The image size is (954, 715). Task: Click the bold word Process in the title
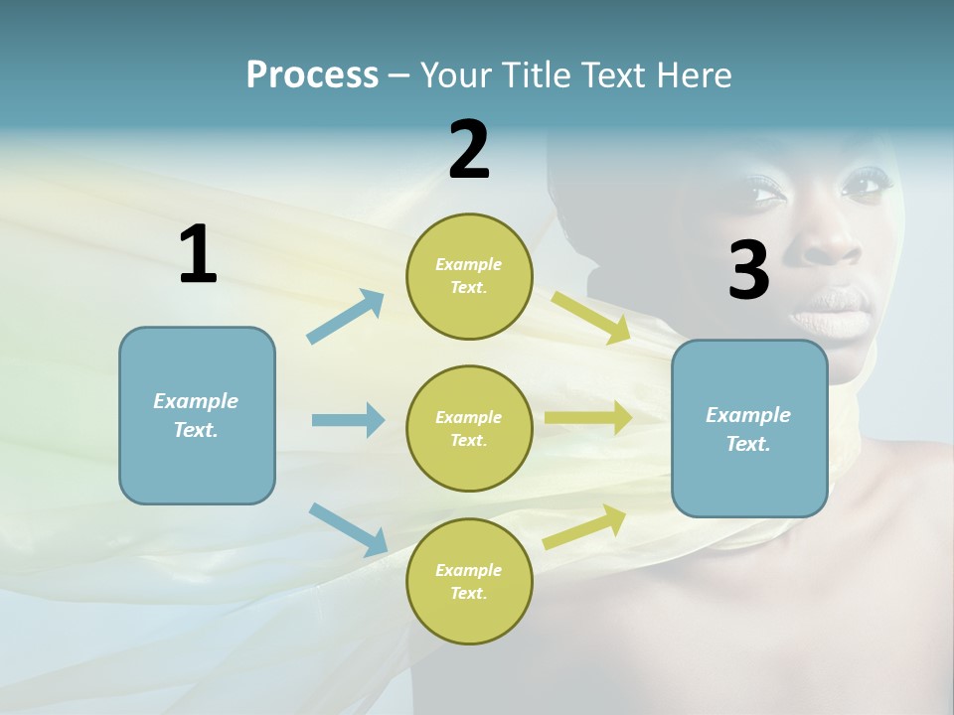click(312, 74)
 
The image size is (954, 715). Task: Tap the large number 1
click(198, 255)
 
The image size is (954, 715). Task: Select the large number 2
click(469, 150)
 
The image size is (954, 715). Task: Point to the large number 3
click(748, 270)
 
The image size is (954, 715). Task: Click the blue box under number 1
click(197, 415)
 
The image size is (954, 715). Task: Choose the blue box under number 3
click(749, 428)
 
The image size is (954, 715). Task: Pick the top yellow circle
click(469, 276)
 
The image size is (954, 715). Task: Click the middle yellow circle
click(469, 428)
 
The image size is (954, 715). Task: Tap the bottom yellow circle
click(469, 581)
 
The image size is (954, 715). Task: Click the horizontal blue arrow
click(348, 420)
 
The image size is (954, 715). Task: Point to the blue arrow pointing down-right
click(348, 528)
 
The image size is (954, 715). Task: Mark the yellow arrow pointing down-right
click(591, 318)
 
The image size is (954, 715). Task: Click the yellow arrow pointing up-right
click(584, 526)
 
